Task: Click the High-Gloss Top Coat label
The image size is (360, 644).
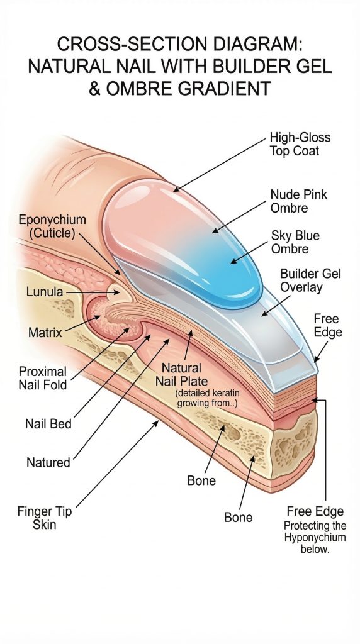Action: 300,144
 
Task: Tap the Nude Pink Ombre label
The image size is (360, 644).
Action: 299,201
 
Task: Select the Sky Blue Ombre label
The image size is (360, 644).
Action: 295,242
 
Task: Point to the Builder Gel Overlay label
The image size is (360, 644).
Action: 311,280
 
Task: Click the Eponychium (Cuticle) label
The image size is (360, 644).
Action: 52,226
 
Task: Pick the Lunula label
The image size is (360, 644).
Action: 45,292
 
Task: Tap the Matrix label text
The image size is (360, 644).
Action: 45,332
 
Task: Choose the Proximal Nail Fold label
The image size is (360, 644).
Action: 42,378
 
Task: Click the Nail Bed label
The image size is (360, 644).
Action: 48,423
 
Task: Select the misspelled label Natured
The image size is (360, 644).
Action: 48,462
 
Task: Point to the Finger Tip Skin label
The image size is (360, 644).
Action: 45,518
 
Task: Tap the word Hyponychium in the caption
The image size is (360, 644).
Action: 315,538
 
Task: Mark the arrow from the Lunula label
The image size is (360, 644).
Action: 93,292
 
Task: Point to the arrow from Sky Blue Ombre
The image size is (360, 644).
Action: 249,252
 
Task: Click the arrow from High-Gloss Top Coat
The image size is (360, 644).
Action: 219,165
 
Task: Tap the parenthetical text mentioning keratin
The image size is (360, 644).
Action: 208,398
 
